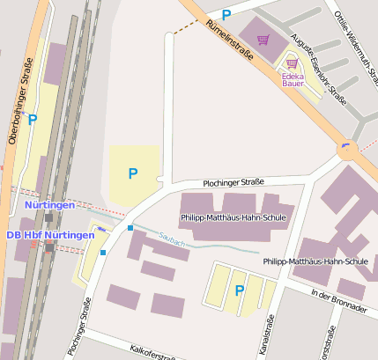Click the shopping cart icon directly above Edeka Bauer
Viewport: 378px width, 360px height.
pos(292,63)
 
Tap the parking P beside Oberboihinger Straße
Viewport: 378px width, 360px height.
pos(33,120)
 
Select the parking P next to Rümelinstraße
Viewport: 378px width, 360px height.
pos(226,14)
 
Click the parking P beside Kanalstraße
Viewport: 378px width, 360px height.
pos(239,290)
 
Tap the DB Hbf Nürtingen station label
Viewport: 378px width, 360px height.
pos(49,235)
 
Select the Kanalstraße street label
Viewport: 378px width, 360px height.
pos(267,335)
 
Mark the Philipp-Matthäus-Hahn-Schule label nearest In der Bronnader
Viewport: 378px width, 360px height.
pos(315,261)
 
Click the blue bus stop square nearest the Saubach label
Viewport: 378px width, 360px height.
pos(130,228)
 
